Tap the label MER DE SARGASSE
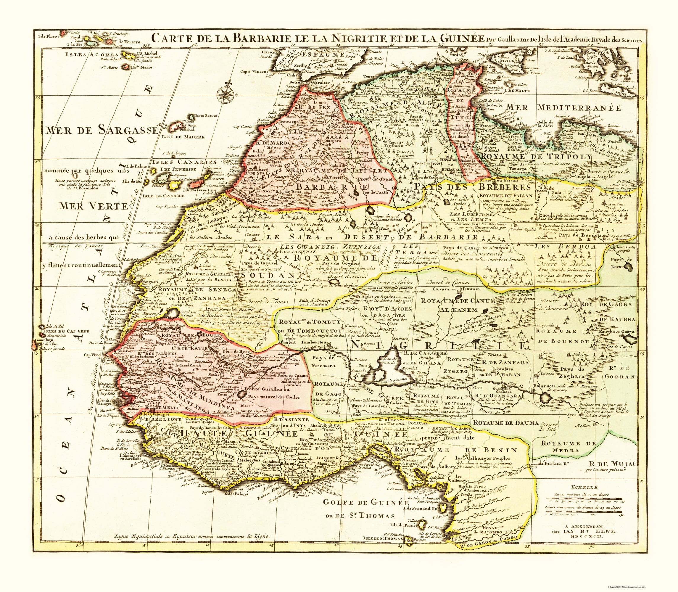coord(102,130)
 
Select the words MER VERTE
coord(94,206)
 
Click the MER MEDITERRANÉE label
coord(563,107)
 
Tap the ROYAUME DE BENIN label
coord(455,450)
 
